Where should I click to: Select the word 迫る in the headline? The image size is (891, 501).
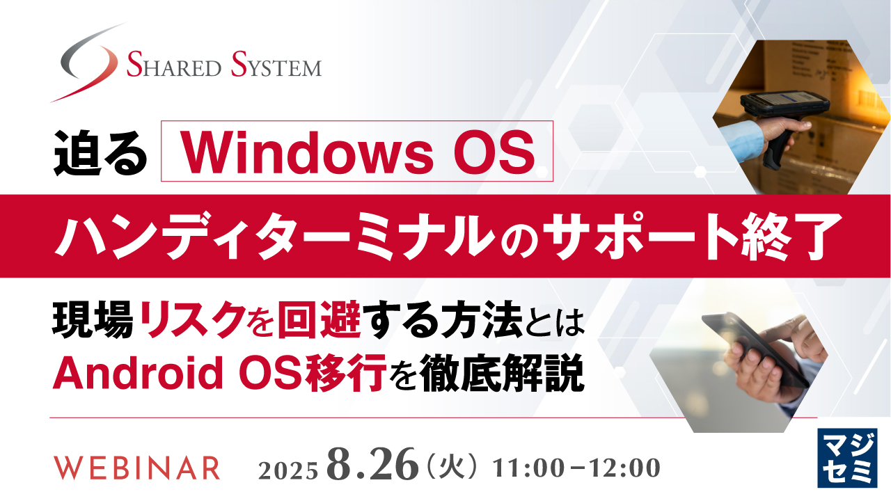tap(102, 152)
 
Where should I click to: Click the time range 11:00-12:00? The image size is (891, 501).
tap(576, 468)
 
